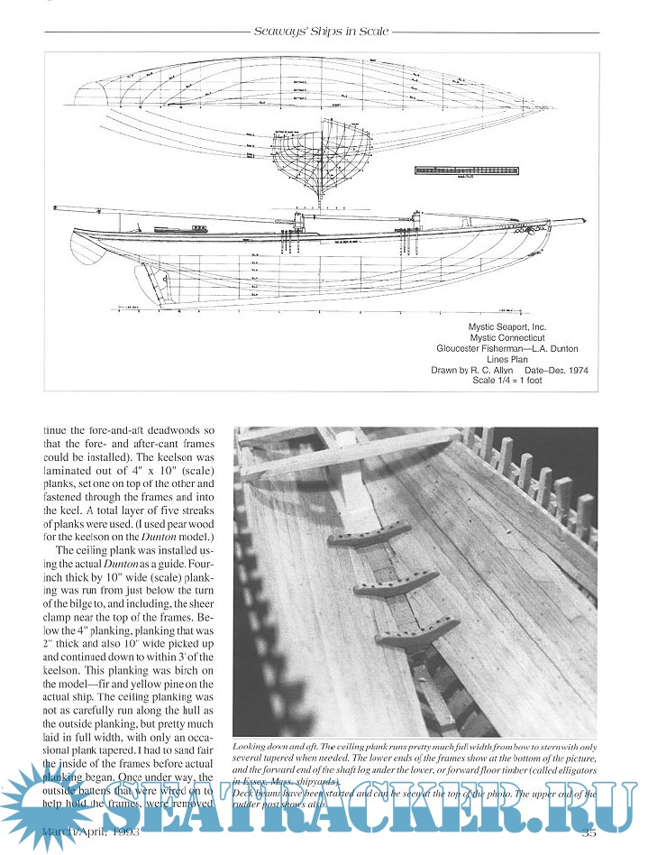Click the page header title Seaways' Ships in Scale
pyautogui.click(x=323, y=32)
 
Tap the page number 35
pyautogui.click(x=589, y=831)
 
